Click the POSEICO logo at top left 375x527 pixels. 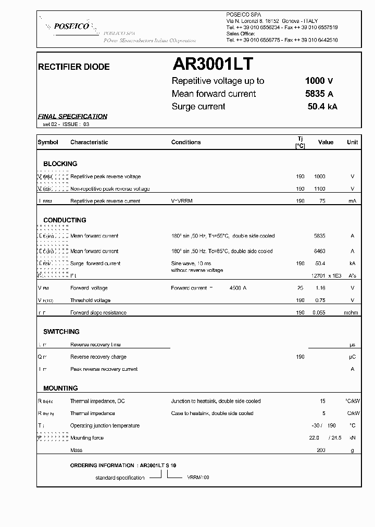tap(68, 26)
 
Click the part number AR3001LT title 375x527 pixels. tap(213, 64)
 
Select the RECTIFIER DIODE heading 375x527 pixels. tap(74, 67)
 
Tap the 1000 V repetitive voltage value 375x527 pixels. tap(319, 81)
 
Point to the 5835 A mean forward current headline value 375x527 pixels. tap(319, 94)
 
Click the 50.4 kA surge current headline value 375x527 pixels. tap(322, 107)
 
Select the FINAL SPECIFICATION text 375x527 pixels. tap(73, 117)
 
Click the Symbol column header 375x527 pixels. tap(48, 142)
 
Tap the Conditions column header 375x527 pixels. tap(186, 142)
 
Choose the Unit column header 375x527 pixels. tap(353, 142)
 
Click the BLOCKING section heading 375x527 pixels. tap(60, 164)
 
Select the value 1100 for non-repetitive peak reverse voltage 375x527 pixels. tap(320, 189)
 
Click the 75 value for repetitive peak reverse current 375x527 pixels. tap(322, 201)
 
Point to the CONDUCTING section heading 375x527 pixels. tap(65, 220)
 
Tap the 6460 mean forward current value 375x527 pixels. tap(320, 251)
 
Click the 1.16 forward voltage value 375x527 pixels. tap(320, 288)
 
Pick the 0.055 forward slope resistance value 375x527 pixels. tap(319, 313)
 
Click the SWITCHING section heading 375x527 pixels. tap(61, 332)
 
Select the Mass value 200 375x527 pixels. tap(321, 450)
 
